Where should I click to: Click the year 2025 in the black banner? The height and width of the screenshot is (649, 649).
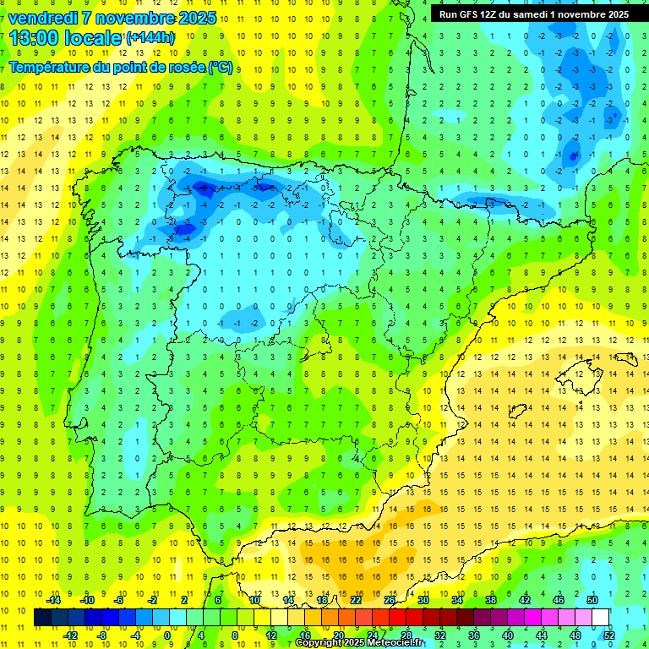pyautogui.click(x=614, y=14)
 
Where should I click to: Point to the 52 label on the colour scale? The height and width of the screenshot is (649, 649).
pyautogui.click(x=609, y=635)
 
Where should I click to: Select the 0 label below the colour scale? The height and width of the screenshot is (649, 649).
pyautogui.click(x=168, y=635)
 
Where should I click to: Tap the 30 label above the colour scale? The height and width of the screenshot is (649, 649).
pyautogui.click(x=423, y=600)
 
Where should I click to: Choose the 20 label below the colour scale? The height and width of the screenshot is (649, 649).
pyautogui.click(x=338, y=635)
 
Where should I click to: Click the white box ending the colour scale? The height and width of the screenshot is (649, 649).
pyautogui.click(x=601, y=618)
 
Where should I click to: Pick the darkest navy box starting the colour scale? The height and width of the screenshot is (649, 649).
pyautogui.click(x=43, y=618)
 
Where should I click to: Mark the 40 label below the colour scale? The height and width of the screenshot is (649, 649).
pyautogui.click(x=508, y=635)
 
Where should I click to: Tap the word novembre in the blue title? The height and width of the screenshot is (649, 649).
pyautogui.click(x=135, y=18)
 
